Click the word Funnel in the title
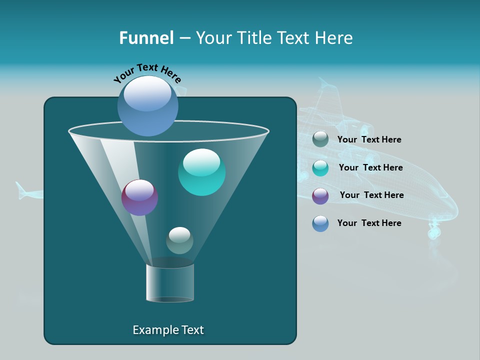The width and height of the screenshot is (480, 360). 146,38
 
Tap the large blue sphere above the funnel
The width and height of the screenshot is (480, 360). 147,105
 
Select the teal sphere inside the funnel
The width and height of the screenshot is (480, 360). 201,172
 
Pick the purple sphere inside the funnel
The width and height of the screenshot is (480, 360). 139,197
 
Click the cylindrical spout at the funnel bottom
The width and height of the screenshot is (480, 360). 170,283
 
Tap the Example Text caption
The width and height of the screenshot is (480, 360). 168,330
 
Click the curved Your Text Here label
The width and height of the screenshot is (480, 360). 147,73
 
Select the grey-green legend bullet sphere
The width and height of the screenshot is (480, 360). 320,139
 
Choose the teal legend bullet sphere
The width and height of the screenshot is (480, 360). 320,168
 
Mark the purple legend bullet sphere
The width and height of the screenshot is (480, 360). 320,196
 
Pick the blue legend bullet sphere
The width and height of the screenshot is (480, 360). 320,223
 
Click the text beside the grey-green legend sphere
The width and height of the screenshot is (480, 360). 369,139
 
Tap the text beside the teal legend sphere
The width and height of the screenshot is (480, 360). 370,167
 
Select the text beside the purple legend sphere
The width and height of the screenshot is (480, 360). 371,195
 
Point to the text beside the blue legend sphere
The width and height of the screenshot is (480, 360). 369,223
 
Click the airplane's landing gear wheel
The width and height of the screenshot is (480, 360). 433,232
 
